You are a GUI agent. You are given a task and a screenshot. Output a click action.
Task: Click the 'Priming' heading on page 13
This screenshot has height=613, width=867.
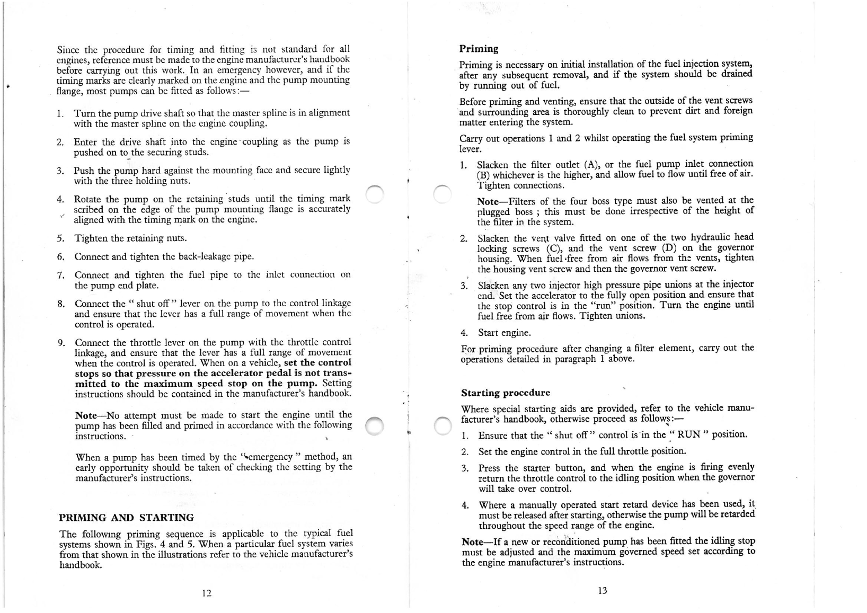[x=479, y=49]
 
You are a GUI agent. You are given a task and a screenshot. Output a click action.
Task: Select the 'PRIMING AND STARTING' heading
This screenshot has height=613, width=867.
[x=126, y=518]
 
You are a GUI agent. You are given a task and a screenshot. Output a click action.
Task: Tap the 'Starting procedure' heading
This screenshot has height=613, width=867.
[x=506, y=393]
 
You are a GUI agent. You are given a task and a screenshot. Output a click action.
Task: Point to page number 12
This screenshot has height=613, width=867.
[x=207, y=593]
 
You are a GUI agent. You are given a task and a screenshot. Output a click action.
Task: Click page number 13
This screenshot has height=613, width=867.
[x=601, y=591]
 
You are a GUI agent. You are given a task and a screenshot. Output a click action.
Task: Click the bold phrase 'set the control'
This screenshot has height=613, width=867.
[x=317, y=363]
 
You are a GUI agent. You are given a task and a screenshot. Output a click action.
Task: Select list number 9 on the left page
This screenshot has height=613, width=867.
[x=61, y=342]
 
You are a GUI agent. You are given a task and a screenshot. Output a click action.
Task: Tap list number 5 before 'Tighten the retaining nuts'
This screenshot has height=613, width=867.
[x=60, y=238]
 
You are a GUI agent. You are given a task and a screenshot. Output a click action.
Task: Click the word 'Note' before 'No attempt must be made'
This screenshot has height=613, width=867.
[x=87, y=415]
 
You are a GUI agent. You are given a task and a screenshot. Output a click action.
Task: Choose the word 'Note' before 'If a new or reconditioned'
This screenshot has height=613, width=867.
[x=473, y=542]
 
